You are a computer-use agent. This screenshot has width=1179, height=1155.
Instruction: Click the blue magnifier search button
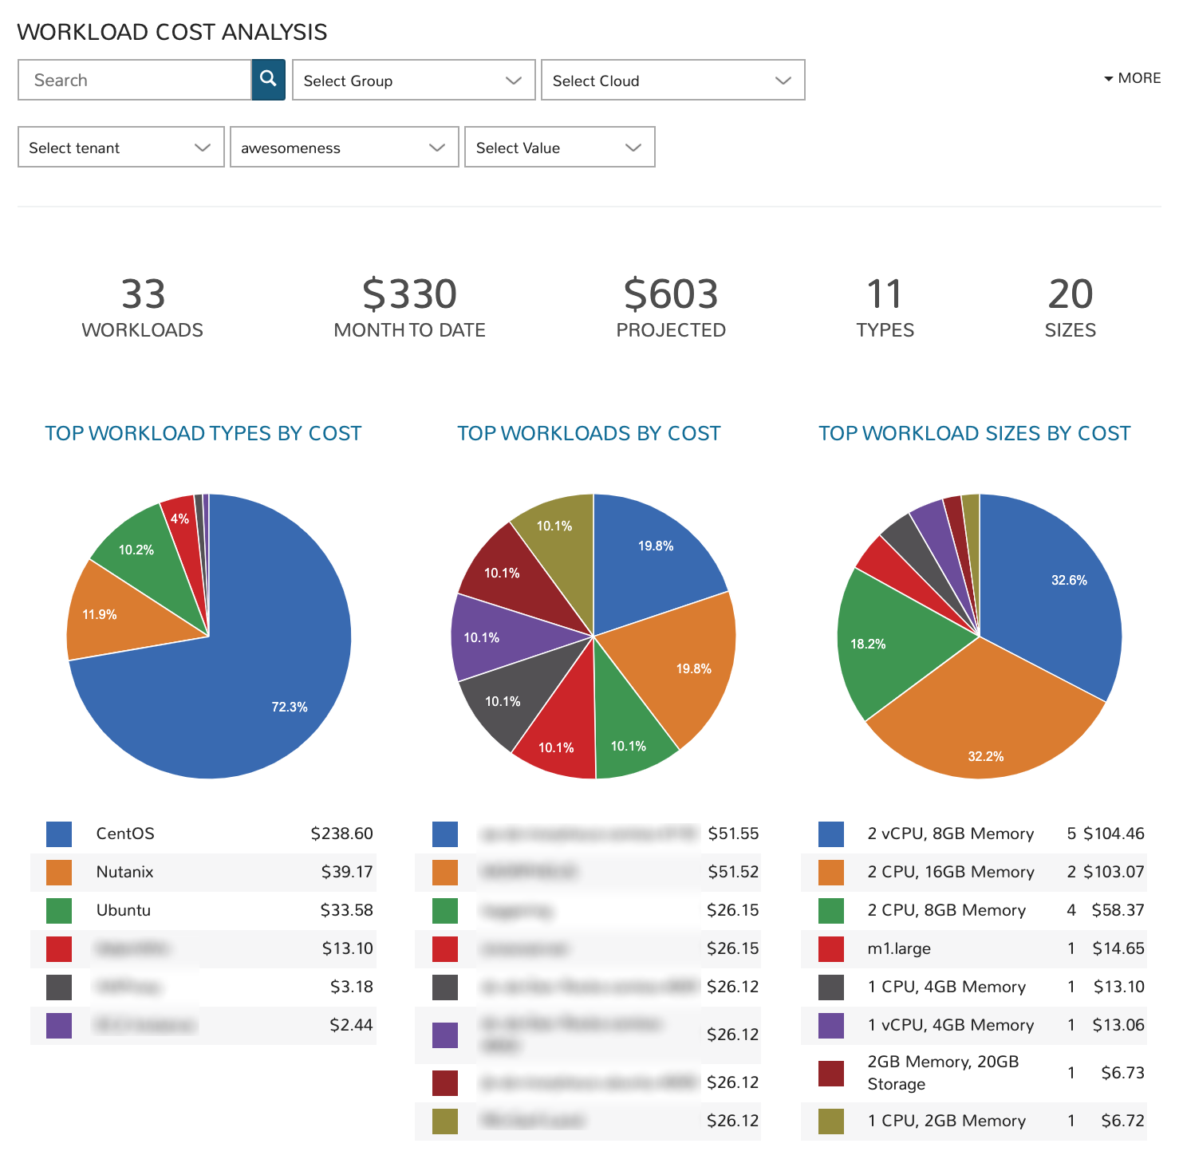click(268, 79)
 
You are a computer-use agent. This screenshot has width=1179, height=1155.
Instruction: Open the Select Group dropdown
click(413, 81)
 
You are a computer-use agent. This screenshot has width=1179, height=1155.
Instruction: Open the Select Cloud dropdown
click(672, 81)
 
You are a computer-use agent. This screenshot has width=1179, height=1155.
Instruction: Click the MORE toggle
click(1132, 78)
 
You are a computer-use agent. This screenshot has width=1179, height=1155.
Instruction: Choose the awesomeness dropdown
click(344, 148)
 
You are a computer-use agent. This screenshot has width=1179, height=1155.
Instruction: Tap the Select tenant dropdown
click(120, 148)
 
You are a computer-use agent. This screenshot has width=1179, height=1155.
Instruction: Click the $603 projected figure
click(670, 294)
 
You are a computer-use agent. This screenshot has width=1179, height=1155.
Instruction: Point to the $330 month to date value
click(409, 294)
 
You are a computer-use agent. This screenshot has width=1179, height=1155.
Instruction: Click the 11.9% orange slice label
click(100, 614)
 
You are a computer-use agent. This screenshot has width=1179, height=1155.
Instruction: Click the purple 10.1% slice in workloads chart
click(482, 637)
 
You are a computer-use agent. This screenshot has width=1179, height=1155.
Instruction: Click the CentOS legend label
click(125, 834)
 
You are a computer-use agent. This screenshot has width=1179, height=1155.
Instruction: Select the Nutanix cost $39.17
click(346, 872)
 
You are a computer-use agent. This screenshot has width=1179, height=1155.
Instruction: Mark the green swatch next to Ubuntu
click(59, 910)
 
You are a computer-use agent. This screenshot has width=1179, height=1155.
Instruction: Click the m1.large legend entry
click(899, 948)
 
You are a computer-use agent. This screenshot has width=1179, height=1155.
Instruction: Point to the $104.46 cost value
click(1113, 834)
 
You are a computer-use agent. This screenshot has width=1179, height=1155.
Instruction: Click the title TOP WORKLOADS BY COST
click(589, 433)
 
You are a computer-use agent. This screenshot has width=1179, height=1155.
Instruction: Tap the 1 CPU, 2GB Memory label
click(946, 1121)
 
